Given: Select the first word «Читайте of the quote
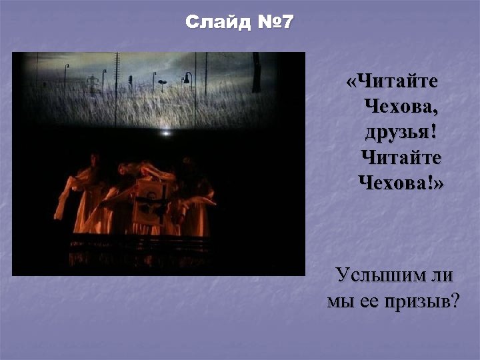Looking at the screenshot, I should coord(393,82).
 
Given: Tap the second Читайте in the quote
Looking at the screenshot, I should coord(401,157).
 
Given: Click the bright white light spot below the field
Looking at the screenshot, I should coord(165,133).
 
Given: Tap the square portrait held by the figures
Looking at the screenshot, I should coord(153,199).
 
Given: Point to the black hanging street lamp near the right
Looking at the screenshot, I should coord(188,79).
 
